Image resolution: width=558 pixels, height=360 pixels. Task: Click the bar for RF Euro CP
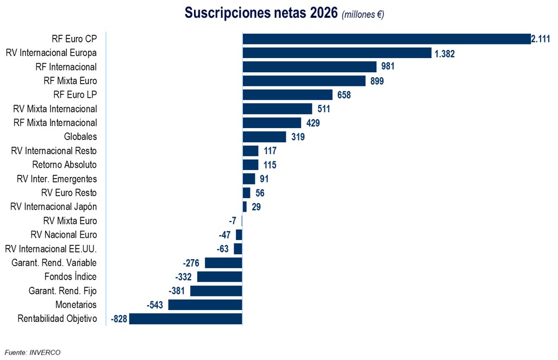tap(386, 39)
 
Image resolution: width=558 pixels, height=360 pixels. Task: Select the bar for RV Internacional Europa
tap(337, 53)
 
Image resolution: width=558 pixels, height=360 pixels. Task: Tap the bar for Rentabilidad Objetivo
tap(185, 319)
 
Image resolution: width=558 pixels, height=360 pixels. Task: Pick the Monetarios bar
tap(205, 305)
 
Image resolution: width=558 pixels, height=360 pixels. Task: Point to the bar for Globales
tap(264, 137)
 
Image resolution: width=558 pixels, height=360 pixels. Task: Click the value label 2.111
tap(541, 39)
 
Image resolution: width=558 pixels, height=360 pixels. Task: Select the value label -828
tap(118, 319)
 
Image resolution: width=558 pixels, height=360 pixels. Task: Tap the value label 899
tap(377, 81)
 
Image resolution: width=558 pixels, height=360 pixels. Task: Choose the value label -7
tap(233, 221)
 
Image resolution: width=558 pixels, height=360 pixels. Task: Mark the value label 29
tap(256, 207)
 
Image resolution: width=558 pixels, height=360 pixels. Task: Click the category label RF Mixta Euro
tap(70, 81)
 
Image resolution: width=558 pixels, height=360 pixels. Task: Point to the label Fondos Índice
tap(71, 276)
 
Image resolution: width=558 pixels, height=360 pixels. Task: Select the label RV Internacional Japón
tap(54, 207)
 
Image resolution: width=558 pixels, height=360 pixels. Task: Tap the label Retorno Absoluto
tap(64, 165)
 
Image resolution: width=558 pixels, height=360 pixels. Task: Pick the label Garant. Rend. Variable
tap(54, 263)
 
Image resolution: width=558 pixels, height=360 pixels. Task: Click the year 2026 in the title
tap(324, 13)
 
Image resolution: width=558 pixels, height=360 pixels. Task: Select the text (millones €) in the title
tap(363, 15)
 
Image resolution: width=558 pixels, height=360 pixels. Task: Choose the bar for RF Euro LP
tap(287, 95)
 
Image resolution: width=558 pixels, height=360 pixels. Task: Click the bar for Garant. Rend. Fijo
tap(216, 290)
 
